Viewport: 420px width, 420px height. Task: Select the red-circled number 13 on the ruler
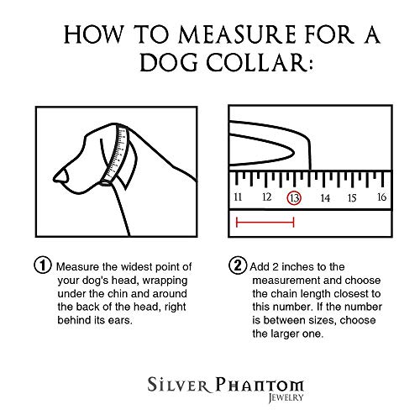click(294, 198)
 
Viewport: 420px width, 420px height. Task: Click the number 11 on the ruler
click(239, 198)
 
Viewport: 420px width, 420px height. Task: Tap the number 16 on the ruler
click(381, 198)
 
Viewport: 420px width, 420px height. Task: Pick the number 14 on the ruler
click(324, 198)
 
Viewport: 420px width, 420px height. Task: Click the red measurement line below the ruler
click(265, 223)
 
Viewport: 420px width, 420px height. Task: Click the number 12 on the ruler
click(266, 198)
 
